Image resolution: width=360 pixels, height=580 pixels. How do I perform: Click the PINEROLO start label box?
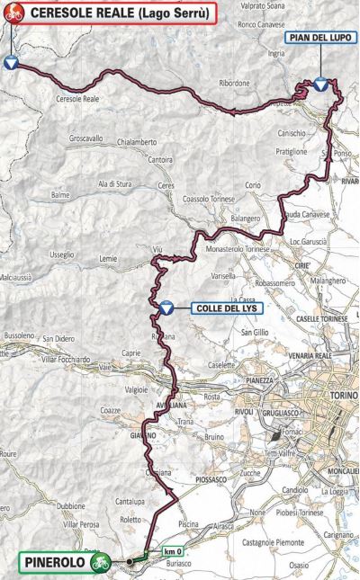click(x=52, y=563)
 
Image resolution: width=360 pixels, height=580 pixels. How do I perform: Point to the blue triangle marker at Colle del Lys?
click(x=166, y=308)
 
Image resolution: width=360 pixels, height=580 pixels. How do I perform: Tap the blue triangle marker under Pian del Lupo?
click(x=321, y=85)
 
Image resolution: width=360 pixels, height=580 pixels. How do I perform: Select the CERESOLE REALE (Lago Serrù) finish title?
click(x=120, y=13)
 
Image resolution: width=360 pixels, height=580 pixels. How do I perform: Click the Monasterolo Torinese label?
click(x=238, y=248)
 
